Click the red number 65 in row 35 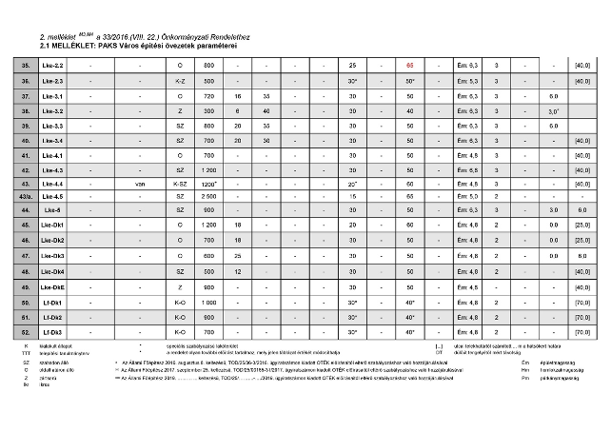[x=409, y=65]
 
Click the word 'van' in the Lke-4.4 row [x=140, y=183]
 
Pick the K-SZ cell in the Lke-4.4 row [x=180, y=183]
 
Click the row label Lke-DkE [x=53, y=285]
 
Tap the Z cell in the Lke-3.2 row [x=180, y=111]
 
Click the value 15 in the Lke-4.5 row [x=352, y=197]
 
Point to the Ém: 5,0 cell [x=466, y=197]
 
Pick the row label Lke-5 [x=52, y=210]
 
